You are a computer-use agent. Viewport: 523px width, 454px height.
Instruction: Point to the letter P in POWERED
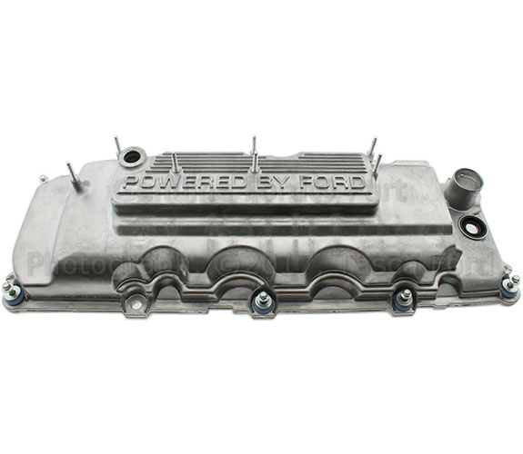coord(132,183)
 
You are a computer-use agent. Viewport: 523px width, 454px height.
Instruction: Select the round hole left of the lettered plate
coord(131,157)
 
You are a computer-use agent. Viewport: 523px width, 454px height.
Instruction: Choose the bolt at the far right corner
coord(508,286)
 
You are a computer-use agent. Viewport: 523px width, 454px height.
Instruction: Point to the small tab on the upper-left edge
coord(42,179)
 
